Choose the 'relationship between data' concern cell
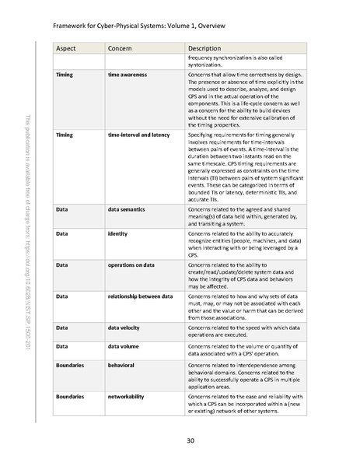(x=145, y=296)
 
